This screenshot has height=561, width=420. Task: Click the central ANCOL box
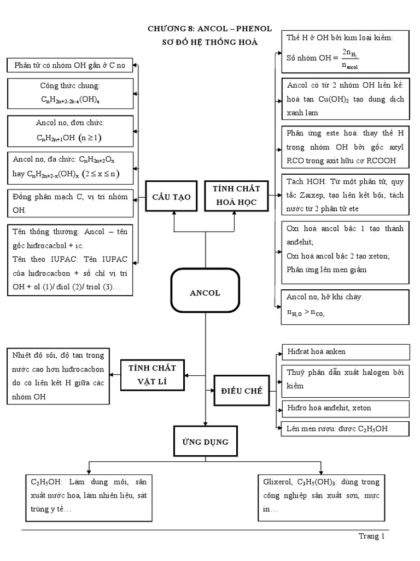[205, 293]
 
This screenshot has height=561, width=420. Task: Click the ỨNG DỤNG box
[205, 442]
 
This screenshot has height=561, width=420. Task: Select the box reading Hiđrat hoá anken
[345, 352]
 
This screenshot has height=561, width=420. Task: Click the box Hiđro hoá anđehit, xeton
[345, 408]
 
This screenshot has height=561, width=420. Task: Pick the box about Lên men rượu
[345, 428]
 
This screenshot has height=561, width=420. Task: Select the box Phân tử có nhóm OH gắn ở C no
[71, 66]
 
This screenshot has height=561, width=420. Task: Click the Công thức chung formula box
[71, 94]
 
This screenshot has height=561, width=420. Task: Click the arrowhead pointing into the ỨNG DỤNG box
[205, 423]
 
